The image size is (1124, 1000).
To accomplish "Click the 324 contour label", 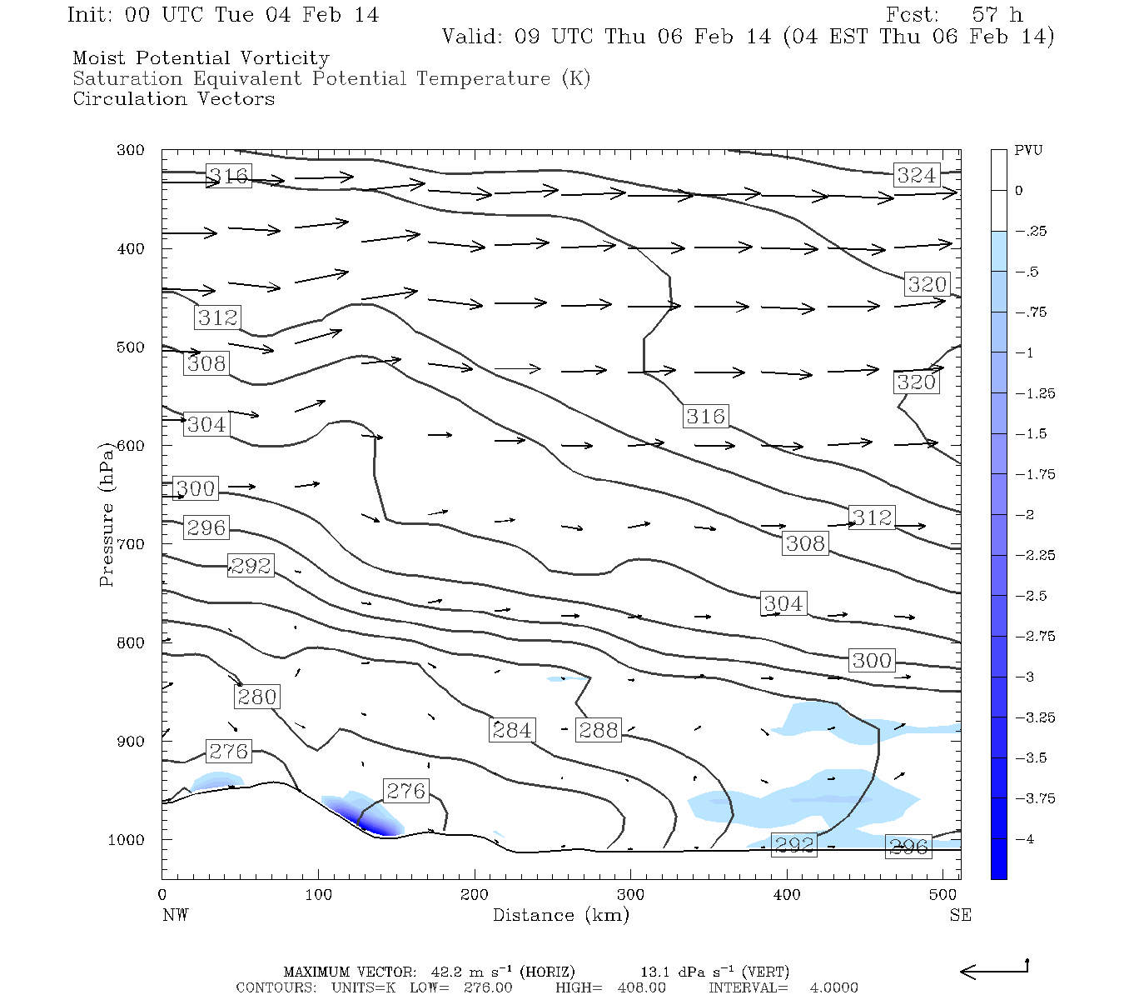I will pyautogui.click(x=917, y=175).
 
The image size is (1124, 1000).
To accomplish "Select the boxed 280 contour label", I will pyautogui.click(x=256, y=697).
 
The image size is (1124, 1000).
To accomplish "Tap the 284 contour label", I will pyautogui.click(x=511, y=730).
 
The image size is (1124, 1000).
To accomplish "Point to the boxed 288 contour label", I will pyautogui.click(x=599, y=730).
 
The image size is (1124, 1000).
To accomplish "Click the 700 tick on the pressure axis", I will pyautogui.click(x=130, y=544).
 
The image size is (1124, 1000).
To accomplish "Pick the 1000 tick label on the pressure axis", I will pyautogui.click(x=127, y=840).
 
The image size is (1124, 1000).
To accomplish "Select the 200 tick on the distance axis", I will pyautogui.click(x=475, y=894).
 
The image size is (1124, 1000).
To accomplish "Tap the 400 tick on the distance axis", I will pyautogui.click(x=787, y=894).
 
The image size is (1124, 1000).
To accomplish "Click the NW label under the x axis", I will pyautogui.click(x=175, y=915).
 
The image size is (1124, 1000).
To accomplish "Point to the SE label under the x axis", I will pyautogui.click(x=960, y=915).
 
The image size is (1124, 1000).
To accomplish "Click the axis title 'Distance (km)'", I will pyautogui.click(x=561, y=915).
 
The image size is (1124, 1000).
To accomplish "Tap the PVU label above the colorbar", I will pyautogui.click(x=1028, y=151).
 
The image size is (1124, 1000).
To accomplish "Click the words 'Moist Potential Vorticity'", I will pyautogui.click(x=201, y=58).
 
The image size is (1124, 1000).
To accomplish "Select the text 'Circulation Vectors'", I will pyautogui.click(x=173, y=98).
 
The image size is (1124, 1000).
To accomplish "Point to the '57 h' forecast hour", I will pyautogui.click(x=997, y=15).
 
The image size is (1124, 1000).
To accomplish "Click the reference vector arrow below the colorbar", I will pyautogui.click(x=994, y=970).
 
